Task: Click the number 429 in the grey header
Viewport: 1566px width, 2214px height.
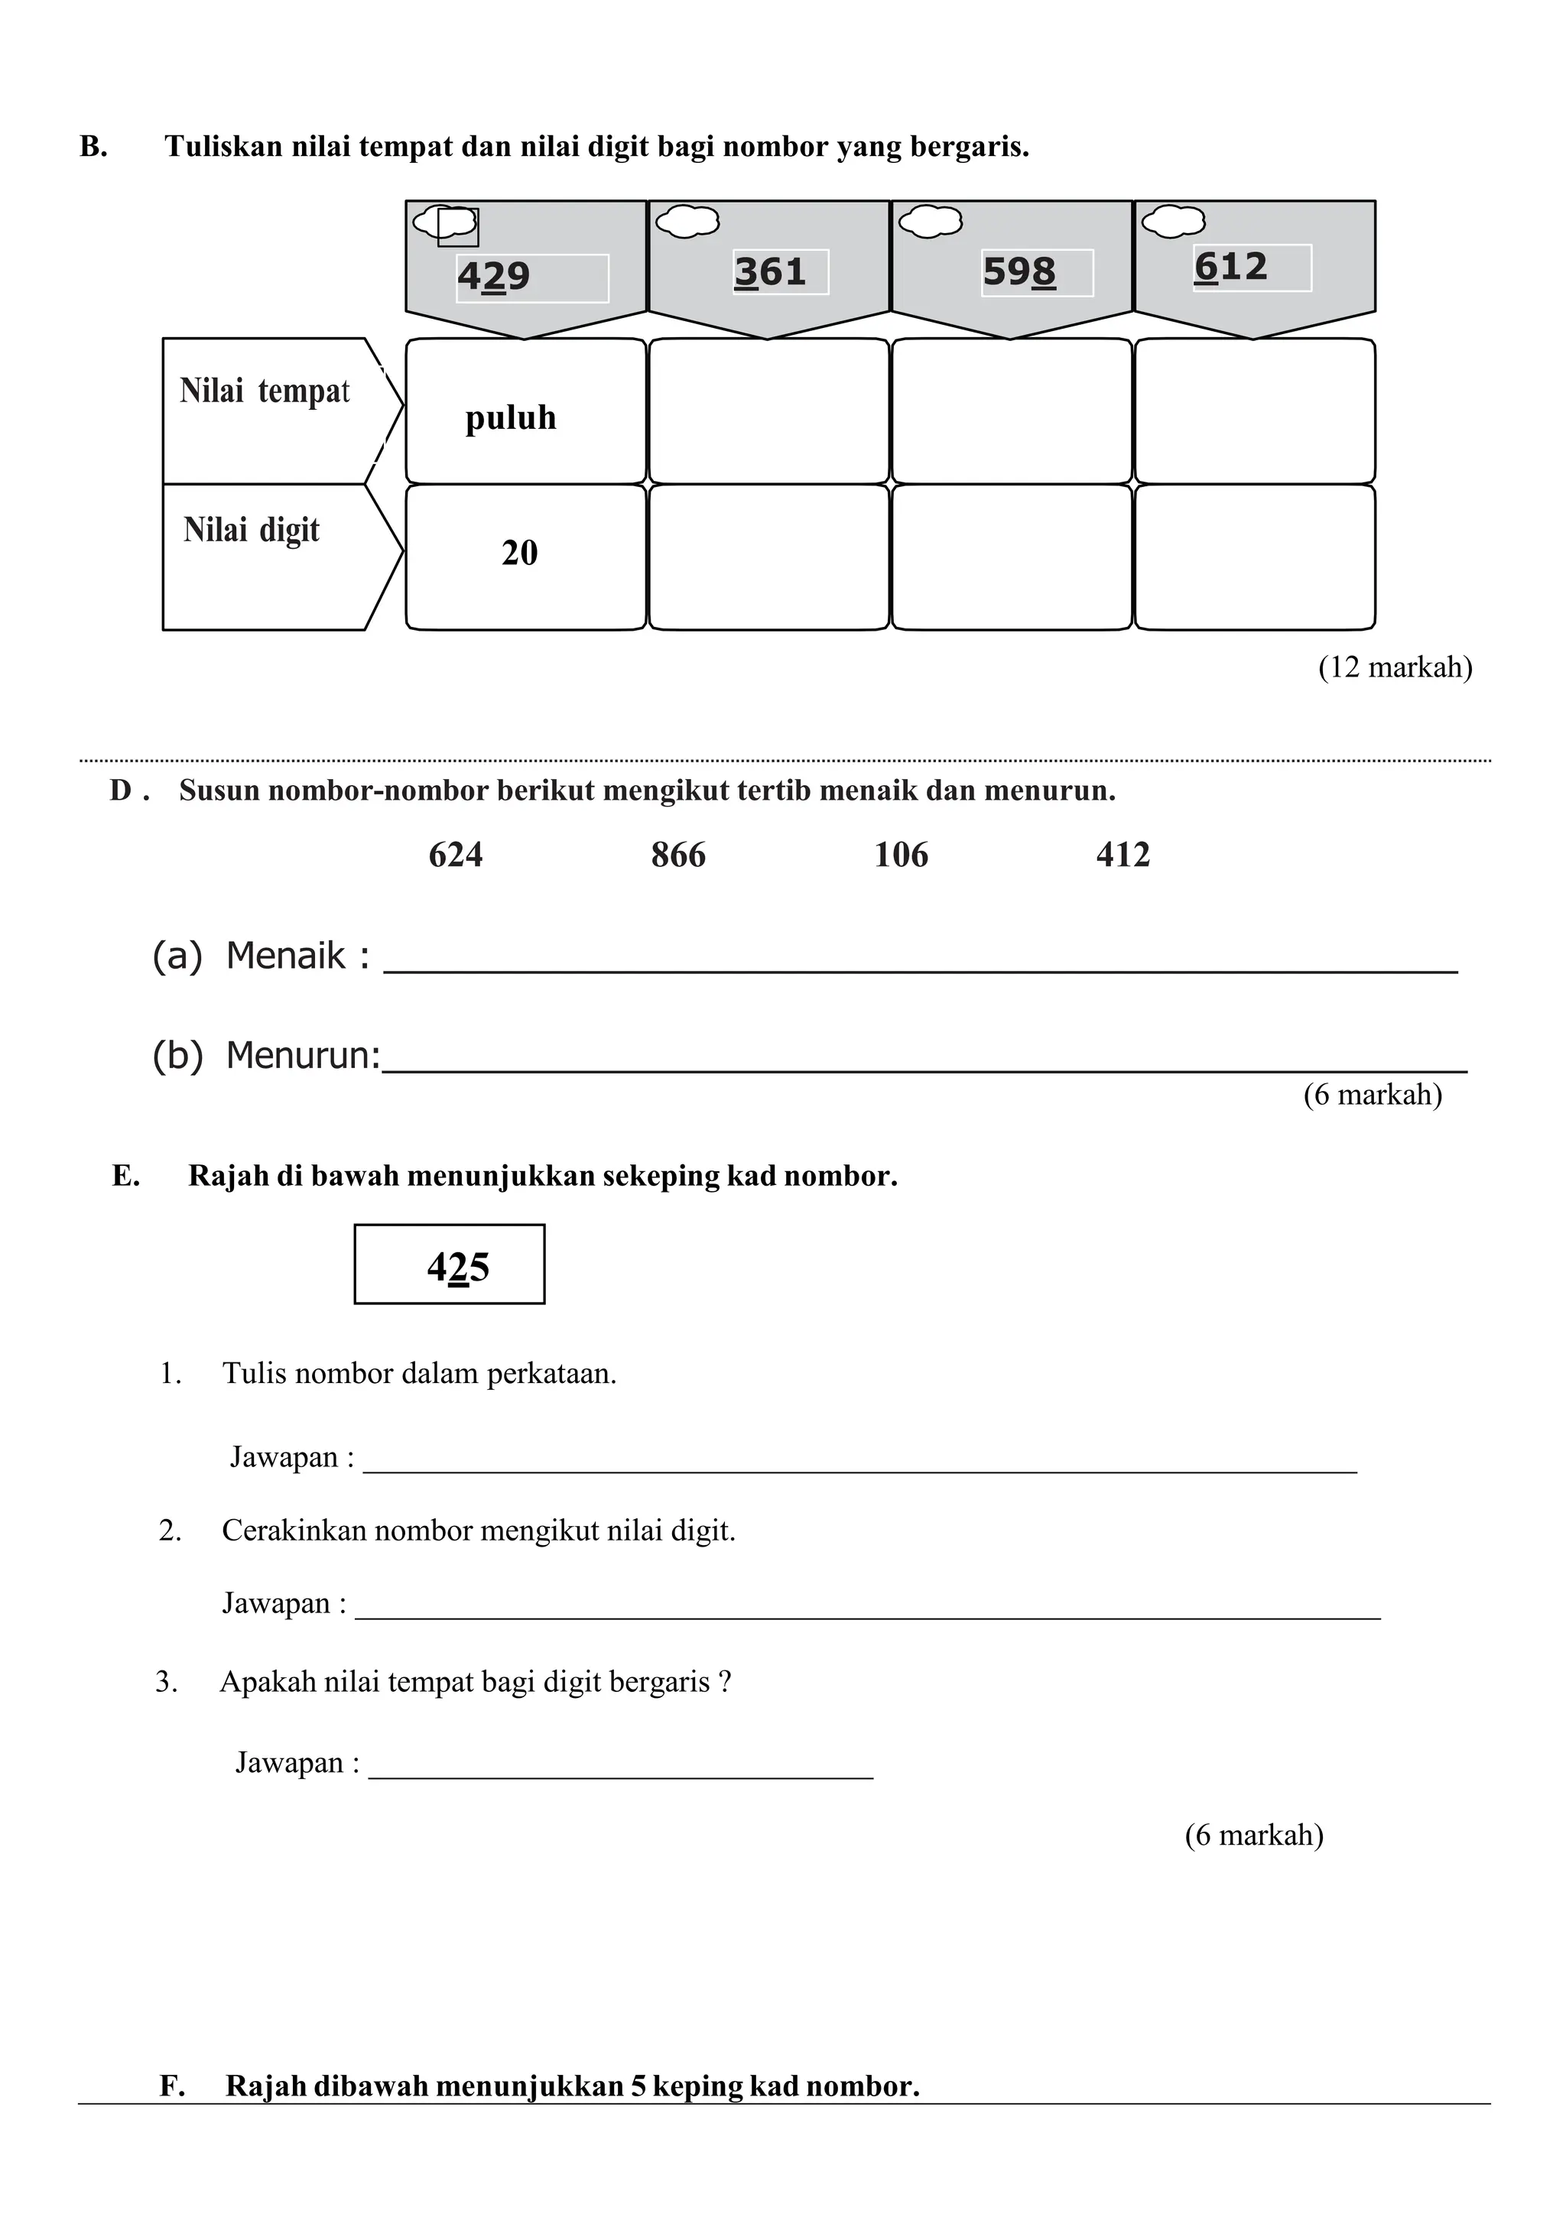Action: pyautogui.click(x=494, y=277)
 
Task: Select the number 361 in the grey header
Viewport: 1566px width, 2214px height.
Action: pyautogui.click(x=769, y=272)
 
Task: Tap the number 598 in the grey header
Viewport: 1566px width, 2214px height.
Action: pyautogui.click(x=1019, y=272)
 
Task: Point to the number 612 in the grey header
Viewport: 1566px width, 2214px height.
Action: pyautogui.click(x=1230, y=267)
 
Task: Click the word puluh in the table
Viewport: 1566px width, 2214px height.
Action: pyautogui.click(x=510, y=417)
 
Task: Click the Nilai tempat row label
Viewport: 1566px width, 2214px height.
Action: pyautogui.click(x=265, y=391)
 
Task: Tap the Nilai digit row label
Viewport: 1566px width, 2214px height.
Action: pyautogui.click(x=252, y=529)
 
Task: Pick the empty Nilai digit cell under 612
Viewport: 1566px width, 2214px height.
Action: pyautogui.click(x=1255, y=557)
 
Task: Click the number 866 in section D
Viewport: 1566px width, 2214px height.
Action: pyautogui.click(x=678, y=855)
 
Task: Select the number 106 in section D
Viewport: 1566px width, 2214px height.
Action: pyautogui.click(x=901, y=855)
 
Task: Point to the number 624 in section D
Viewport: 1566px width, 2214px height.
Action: pyautogui.click(x=455, y=855)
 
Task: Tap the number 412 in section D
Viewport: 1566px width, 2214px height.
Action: pyautogui.click(x=1123, y=855)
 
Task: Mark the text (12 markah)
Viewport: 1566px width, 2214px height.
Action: pyautogui.click(x=1395, y=667)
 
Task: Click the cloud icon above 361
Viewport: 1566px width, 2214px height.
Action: pyautogui.click(x=687, y=222)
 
